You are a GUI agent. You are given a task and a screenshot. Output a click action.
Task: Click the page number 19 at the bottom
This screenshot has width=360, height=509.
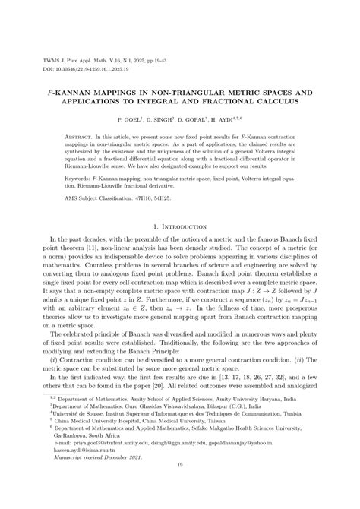click(180, 488)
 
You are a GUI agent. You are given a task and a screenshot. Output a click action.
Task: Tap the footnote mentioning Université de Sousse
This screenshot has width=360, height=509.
click(168, 438)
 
